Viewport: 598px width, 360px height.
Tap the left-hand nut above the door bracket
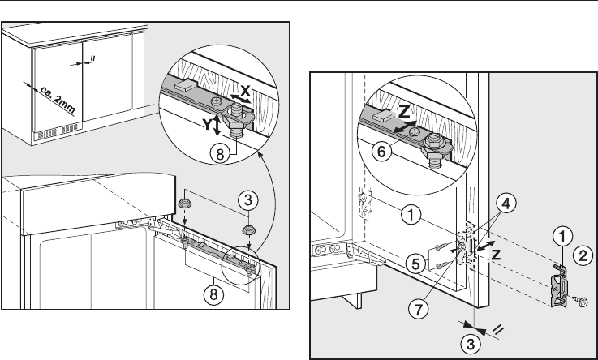click(183, 203)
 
